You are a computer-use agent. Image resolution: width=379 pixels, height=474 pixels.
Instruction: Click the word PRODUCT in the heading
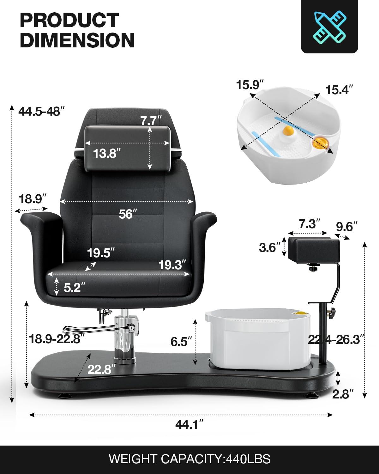point(69,20)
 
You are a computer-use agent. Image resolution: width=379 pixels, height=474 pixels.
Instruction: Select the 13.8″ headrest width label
point(107,154)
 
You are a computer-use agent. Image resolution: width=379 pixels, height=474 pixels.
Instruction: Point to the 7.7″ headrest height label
point(151,121)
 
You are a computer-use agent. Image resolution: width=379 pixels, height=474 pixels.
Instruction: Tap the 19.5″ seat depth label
point(101,253)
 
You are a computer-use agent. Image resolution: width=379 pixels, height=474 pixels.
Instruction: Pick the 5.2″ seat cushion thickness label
point(75,288)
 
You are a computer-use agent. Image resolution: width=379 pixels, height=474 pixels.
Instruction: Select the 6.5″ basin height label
point(181,342)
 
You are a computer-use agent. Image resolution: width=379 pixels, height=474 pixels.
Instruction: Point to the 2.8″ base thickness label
point(342,394)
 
